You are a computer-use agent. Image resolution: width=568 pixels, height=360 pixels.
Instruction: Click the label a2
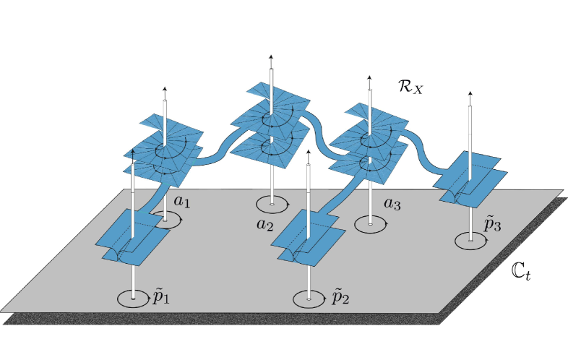265,223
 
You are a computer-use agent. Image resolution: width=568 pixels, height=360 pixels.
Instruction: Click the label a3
392,205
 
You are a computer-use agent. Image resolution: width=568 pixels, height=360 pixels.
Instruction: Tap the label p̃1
163,297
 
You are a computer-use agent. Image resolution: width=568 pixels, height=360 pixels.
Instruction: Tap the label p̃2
340,296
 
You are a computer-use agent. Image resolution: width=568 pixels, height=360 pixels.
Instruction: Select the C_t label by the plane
520,271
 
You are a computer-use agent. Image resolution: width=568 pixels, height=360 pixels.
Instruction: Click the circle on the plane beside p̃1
133,298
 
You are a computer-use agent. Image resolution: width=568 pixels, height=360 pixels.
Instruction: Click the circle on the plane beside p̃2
309,298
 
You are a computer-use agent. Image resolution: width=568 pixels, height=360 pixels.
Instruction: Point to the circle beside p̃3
471,239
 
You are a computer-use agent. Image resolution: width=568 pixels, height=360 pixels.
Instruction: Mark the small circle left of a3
370,224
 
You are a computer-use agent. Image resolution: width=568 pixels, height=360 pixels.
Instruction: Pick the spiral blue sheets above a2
271,123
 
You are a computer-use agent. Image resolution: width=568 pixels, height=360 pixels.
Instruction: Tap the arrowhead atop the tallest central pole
271,56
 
